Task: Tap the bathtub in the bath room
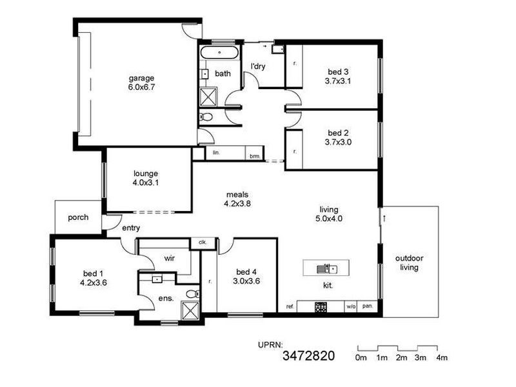219,53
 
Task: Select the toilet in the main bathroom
206,117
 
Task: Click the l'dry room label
258,66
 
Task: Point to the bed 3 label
337,71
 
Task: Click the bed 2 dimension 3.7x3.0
337,142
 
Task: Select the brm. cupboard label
255,155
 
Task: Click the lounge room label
146,174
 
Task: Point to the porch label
78,218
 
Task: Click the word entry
130,228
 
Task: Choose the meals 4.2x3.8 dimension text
237,203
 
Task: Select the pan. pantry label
368,306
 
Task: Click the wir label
170,258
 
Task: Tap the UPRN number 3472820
309,356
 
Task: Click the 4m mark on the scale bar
441,357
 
